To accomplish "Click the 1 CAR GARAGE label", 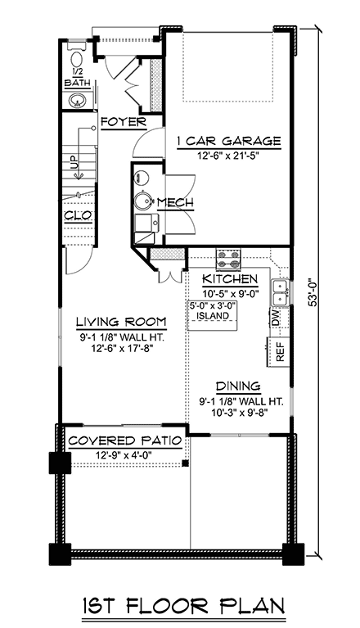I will point(228,141).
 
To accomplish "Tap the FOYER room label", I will point(123,123).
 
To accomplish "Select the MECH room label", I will point(174,203).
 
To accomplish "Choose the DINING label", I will point(238,386).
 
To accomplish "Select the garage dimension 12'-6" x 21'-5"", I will point(228,156).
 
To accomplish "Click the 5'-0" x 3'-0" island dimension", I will point(213,305).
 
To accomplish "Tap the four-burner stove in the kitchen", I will point(227,260).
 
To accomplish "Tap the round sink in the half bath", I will point(78,101).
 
